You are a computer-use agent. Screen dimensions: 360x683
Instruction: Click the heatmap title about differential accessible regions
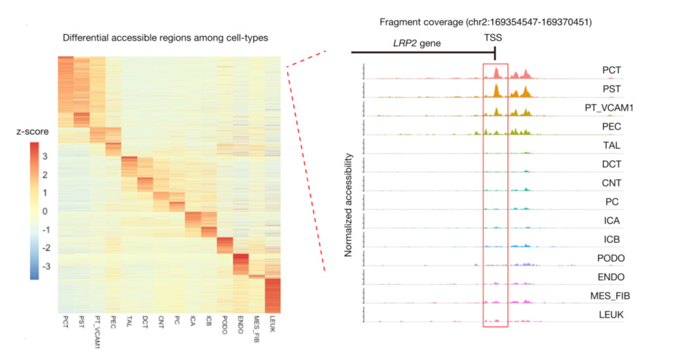pos(165,38)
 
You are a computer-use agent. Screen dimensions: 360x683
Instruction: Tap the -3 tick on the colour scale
pos(44,267)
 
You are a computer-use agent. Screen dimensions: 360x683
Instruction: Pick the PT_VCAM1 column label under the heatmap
pos(97,329)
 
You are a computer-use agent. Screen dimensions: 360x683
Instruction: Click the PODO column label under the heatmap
pos(225,323)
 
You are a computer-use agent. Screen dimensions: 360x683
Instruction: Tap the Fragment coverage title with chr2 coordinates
pos(485,22)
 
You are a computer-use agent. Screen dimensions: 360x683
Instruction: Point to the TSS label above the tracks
pos(493,38)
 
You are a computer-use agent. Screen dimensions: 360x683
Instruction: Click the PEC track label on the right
pos(612,127)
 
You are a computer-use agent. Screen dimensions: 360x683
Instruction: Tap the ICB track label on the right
pos(612,240)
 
